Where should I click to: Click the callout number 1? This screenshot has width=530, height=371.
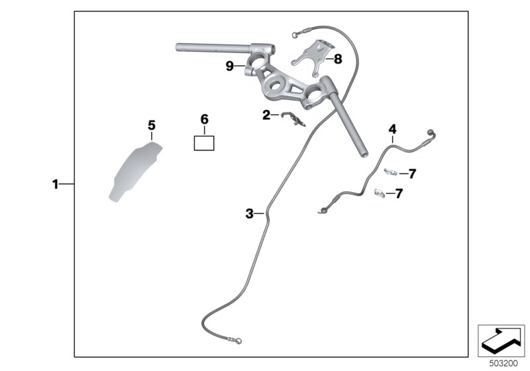pyautogui.click(x=55, y=184)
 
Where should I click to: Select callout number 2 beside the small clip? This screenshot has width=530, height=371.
pyautogui.click(x=266, y=115)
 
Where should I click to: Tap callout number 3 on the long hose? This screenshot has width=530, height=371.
pyautogui.click(x=250, y=213)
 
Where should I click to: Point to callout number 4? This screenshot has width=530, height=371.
pyautogui.click(x=392, y=129)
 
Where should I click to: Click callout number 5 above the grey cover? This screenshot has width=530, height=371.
pyautogui.click(x=152, y=125)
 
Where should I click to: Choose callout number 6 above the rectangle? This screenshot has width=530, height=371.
pyautogui.click(x=204, y=119)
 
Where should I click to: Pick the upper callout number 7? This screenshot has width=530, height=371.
pyautogui.click(x=412, y=174)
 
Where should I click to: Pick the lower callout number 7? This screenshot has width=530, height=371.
pyautogui.click(x=399, y=193)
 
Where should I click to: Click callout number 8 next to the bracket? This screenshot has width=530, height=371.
pyautogui.click(x=338, y=60)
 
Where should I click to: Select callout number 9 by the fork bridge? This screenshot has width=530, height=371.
pyautogui.click(x=230, y=66)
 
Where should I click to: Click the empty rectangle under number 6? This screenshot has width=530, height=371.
pyautogui.click(x=204, y=143)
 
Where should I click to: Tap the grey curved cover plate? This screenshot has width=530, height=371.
pyautogui.click(x=135, y=172)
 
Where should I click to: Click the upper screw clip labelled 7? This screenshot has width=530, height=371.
pyautogui.click(x=391, y=172)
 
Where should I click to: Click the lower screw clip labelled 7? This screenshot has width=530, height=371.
pyautogui.click(x=380, y=193)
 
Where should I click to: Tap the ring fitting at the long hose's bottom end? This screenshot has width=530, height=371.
pyautogui.click(x=238, y=341)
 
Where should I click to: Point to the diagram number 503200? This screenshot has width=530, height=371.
pyautogui.click(x=503, y=364)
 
